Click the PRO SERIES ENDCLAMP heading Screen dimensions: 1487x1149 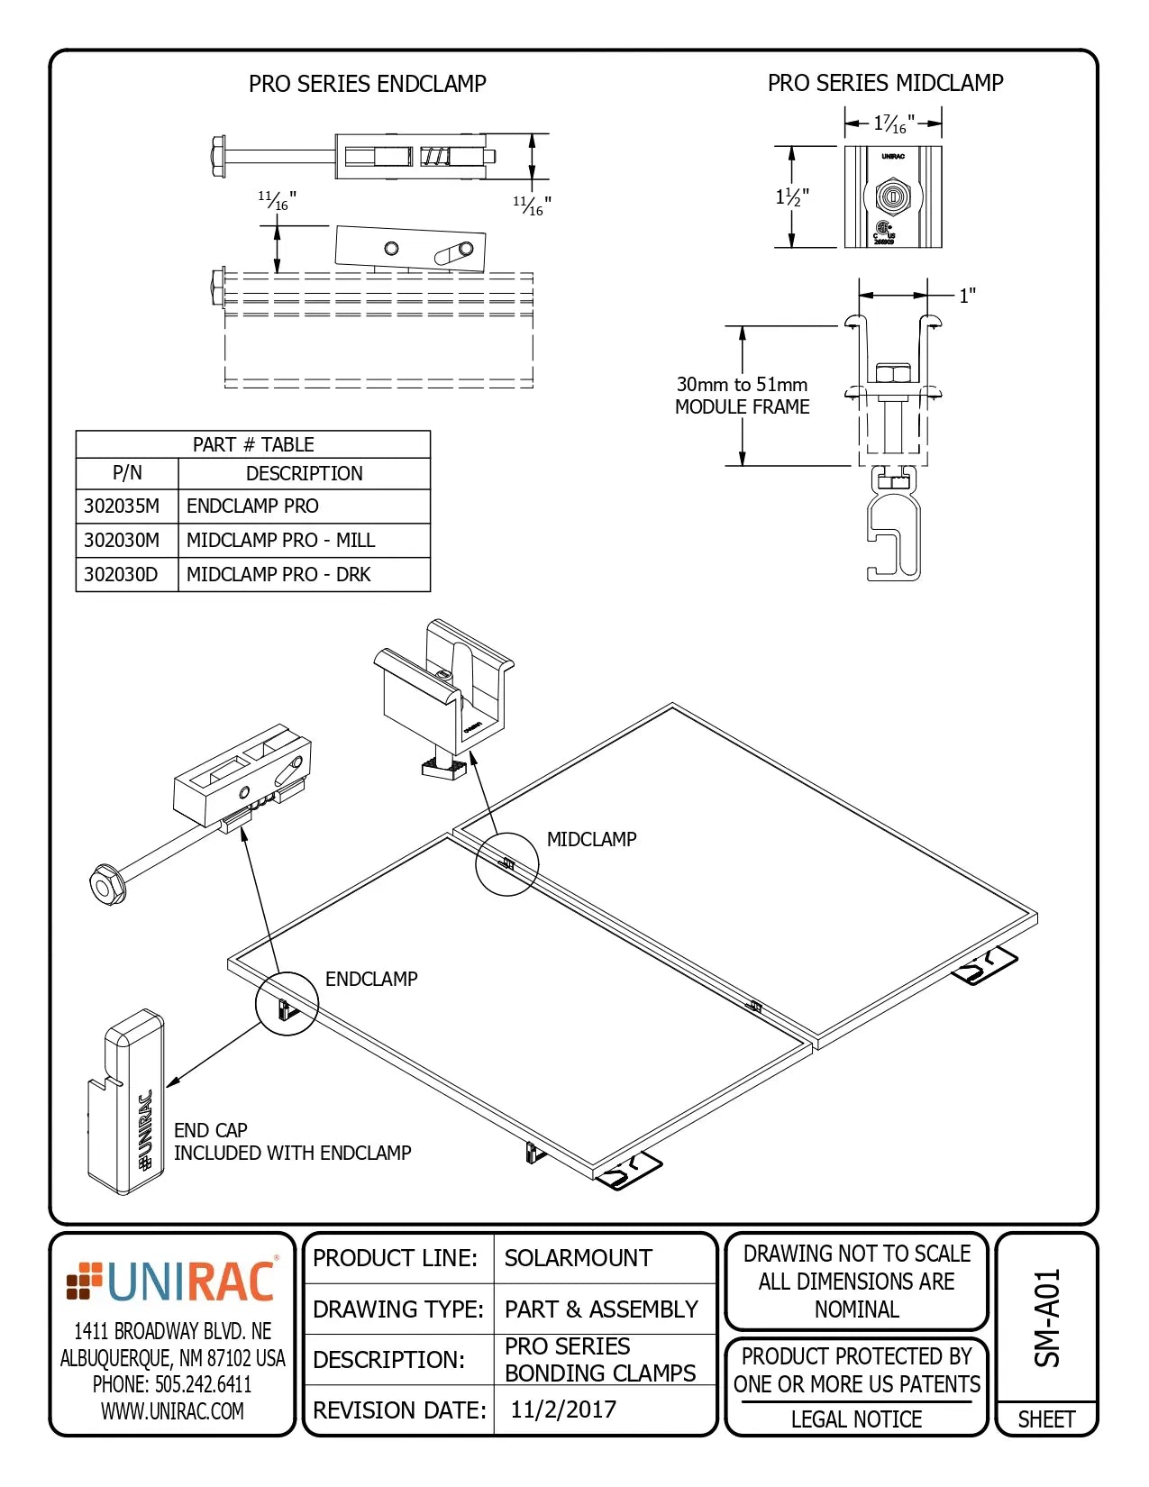pyautogui.click(x=367, y=84)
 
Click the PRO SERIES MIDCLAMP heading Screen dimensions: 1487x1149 pyautogui.click(x=885, y=83)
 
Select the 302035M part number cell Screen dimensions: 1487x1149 pyautogui.click(x=122, y=506)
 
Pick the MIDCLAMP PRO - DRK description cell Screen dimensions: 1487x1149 pyautogui.click(x=278, y=575)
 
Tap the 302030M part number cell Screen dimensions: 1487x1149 pyautogui.click(x=122, y=541)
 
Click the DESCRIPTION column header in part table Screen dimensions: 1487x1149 pyautogui.click(x=304, y=473)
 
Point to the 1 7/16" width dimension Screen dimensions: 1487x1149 pyautogui.click(x=894, y=123)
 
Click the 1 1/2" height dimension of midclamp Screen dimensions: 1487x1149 pyautogui.click(x=792, y=196)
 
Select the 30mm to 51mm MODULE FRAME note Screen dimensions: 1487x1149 pyautogui.click(x=742, y=396)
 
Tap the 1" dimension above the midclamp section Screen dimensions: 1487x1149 pyautogui.click(x=967, y=296)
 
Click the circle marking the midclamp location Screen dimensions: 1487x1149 pyautogui.click(x=506, y=863)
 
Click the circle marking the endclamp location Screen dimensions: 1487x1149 pyautogui.click(x=287, y=1003)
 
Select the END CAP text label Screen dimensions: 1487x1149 pyautogui.click(x=210, y=1130)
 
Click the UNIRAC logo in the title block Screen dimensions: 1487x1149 pyautogui.click(x=172, y=1282)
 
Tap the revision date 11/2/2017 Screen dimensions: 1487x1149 pyautogui.click(x=563, y=1409)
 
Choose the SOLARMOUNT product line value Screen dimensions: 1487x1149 pyautogui.click(x=578, y=1258)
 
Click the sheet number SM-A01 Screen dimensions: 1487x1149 pyautogui.click(x=1046, y=1318)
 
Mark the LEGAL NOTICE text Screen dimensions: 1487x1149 pyautogui.click(x=856, y=1419)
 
